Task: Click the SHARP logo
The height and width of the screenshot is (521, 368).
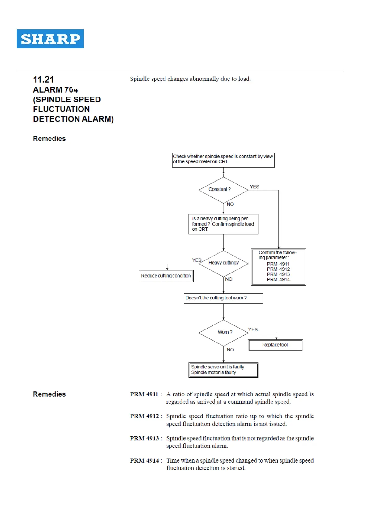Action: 50,39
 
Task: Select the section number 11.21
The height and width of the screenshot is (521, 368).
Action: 43,80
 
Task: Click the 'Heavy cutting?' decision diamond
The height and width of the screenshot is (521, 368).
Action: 224,263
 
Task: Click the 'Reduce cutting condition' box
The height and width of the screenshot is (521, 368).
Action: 166,276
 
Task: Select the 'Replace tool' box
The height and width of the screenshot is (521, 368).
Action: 275,345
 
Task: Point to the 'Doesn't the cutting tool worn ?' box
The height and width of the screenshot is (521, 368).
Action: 223,298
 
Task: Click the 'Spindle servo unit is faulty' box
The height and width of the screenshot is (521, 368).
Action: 223,370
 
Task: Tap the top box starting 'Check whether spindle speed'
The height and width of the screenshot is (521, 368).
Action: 223,159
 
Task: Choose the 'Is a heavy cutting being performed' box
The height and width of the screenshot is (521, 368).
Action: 223,224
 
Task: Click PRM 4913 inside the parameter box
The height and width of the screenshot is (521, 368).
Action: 278,274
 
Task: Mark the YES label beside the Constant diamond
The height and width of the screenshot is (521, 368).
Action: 255,187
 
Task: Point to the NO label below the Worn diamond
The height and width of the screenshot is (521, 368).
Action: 230,350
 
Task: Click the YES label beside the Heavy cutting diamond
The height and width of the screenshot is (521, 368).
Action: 197,260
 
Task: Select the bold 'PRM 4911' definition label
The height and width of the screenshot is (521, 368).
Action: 144,394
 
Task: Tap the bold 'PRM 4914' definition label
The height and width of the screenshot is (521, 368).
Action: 144,461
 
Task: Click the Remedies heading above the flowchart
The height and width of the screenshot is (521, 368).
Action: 49,139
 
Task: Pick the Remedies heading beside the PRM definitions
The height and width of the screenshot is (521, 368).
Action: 49,394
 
